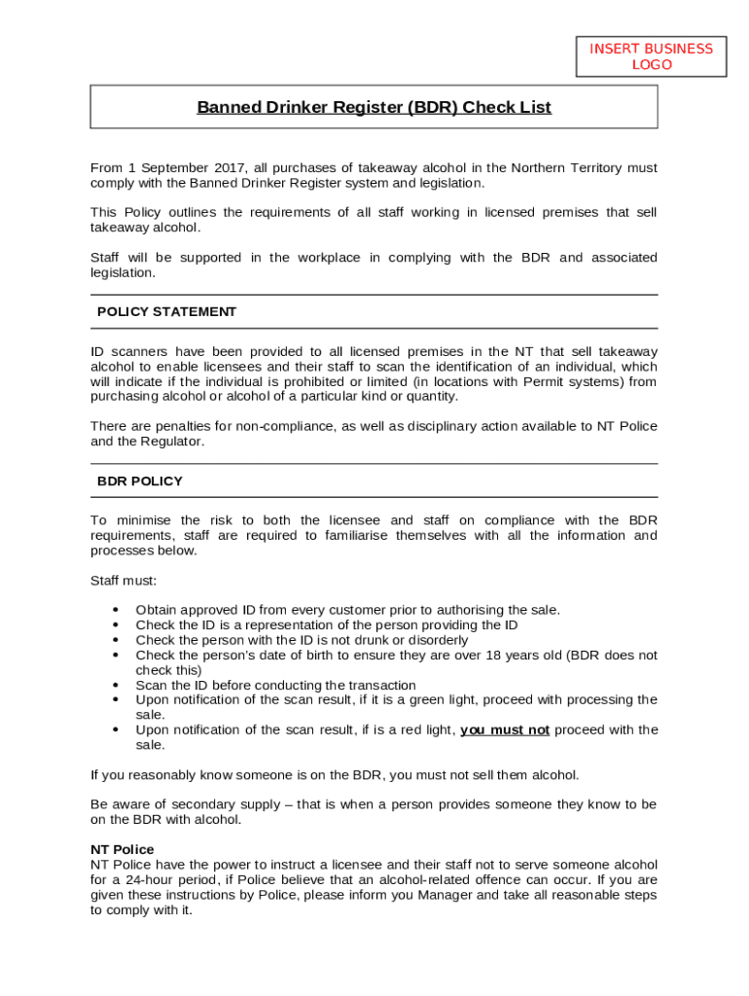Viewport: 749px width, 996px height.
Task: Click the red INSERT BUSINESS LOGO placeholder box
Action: point(651,56)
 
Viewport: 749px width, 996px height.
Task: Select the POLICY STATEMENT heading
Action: point(166,312)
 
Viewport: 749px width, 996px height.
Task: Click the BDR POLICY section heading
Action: point(139,481)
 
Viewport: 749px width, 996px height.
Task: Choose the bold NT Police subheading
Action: point(122,849)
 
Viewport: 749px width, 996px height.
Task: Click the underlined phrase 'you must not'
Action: point(505,730)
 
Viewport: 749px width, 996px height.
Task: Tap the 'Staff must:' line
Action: point(124,581)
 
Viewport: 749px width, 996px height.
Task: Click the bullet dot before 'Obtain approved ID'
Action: point(116,611)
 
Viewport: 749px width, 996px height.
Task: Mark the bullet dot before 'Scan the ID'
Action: point(116,686)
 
